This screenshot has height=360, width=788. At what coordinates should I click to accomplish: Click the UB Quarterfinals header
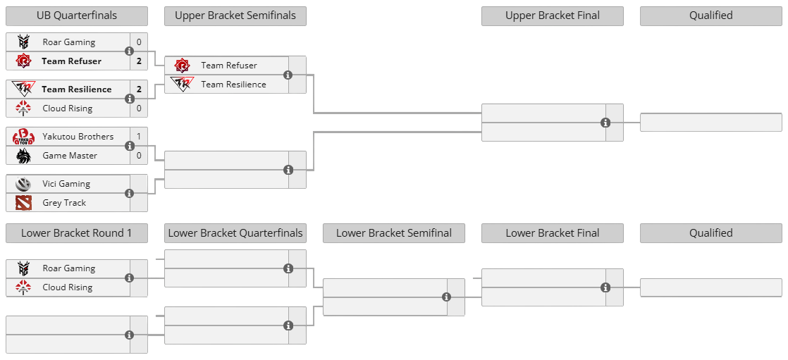click(77, 15)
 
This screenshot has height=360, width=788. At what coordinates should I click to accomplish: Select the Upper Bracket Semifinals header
click(235, 15)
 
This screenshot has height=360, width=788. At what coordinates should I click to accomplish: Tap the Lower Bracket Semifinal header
click(394, 233)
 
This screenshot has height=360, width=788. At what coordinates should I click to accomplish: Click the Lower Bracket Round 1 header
click(77, 233)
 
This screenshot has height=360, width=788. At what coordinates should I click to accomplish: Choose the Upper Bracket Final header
click(553, 15)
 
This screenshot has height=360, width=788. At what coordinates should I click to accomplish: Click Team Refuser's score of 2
click(140, 61)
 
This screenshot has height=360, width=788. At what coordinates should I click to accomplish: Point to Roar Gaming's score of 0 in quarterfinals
click(140, 42)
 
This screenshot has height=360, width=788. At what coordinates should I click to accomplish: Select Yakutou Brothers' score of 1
click(140, 137)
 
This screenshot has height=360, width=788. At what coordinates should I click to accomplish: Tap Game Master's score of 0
click(140, 156)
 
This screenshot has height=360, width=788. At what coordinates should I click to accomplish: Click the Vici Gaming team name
click(66, 184)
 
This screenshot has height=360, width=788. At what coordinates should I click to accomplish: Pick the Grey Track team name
click(64, 203)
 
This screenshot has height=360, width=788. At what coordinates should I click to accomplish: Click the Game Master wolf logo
click(24, 156)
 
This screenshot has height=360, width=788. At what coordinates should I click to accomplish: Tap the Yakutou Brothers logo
click(24, 137)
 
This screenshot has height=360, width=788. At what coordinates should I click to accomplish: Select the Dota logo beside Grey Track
click(24, 203)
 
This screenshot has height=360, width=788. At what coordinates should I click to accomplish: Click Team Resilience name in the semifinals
click(234, 85)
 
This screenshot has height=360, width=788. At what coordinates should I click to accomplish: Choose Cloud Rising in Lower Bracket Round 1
click(68, 287)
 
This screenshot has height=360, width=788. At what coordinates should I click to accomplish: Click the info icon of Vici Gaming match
click(130, 193)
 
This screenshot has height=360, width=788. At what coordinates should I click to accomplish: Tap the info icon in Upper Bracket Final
click(605, 123)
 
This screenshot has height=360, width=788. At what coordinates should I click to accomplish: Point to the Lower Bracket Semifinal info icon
click(447, 297)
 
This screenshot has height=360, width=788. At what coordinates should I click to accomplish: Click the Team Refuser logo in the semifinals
click(181, 66)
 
